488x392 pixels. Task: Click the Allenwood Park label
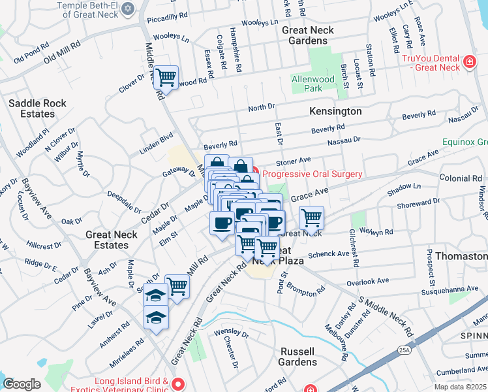click(x=313, y=84)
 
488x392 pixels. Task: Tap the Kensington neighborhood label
click(x=335, y=111)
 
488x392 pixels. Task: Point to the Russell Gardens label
click(x=298, y=356)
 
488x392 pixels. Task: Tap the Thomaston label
click(x=461, y=256)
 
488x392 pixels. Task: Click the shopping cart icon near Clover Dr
click(x=166, y=77)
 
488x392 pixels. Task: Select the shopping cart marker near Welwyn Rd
click(x=312, y=218)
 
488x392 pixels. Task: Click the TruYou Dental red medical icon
click(x=468, y=63)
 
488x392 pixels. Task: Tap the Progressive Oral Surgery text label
click(x=312, y=174)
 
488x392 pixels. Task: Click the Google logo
click(x=22, y=384)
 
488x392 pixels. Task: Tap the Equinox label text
click(x=465, y=142)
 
